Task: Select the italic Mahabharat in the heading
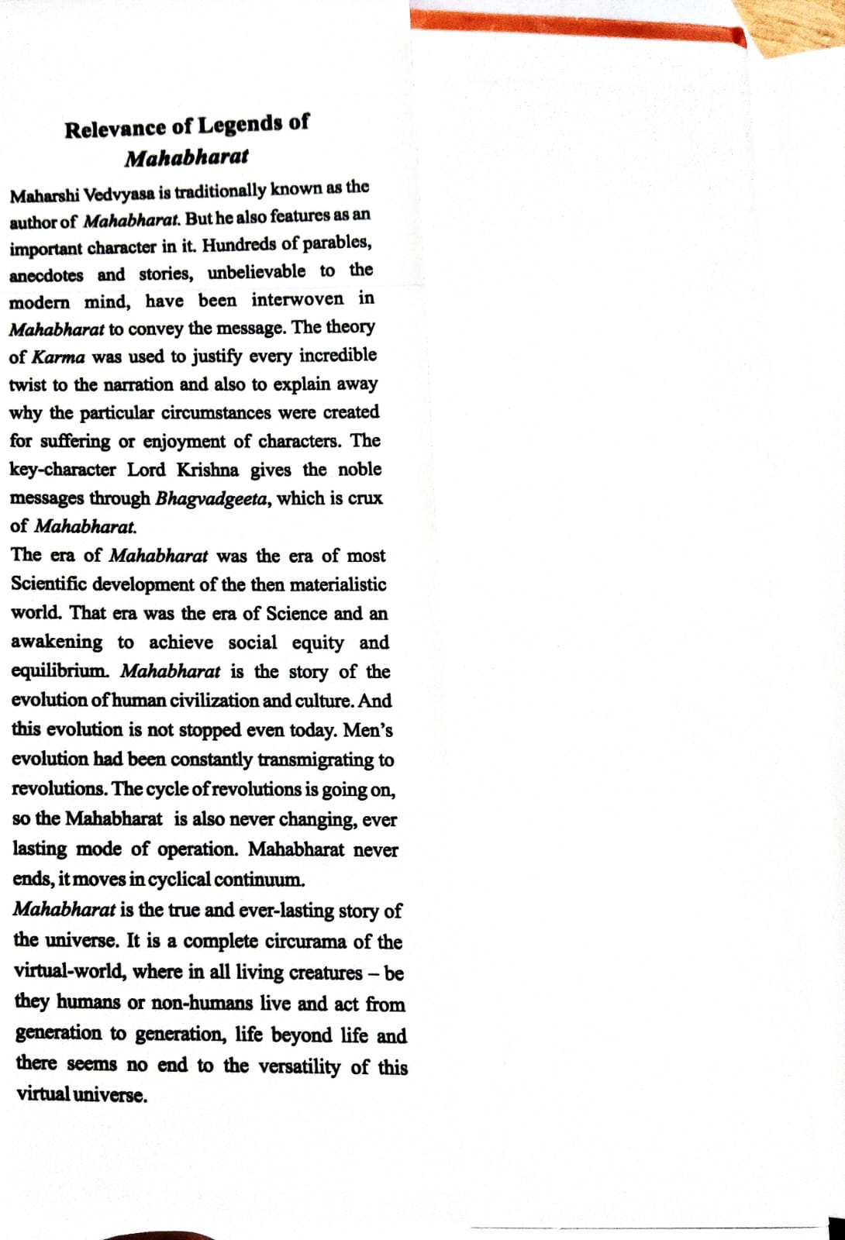tap(187, 157)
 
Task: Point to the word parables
tap(337, 243)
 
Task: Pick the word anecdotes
tap(46, 275)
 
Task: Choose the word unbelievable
tap(256, 272)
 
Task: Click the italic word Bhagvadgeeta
tap(213, 498)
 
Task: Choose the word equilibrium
tap(60, 671)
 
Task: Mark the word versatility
tap(298, 1066)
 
